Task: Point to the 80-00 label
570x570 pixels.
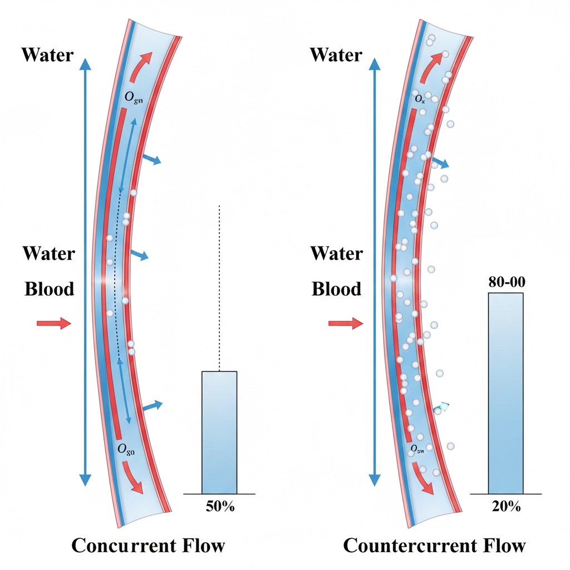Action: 506,282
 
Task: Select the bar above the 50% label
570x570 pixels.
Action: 219,432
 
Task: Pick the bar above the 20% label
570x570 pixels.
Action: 506,393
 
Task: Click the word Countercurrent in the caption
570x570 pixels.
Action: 410,545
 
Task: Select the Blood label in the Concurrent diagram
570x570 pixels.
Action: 49,289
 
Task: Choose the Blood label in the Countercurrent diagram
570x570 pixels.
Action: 336,289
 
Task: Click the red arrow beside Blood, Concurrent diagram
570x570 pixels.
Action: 54,323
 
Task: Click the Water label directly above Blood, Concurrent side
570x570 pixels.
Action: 48,254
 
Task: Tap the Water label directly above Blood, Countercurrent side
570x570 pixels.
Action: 336,254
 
